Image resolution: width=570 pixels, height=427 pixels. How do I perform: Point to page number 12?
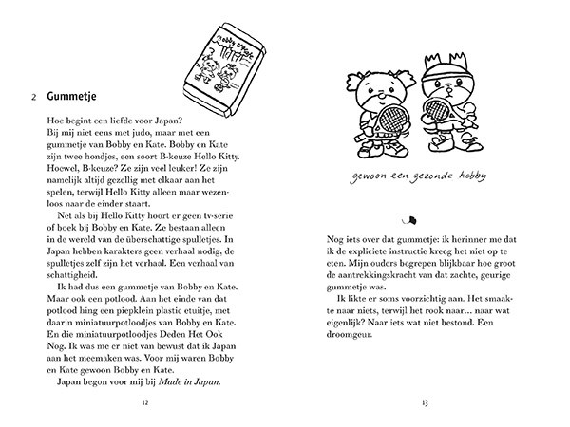[x=143, y=402]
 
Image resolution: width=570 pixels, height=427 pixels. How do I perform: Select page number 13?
[x=427, y=402]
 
